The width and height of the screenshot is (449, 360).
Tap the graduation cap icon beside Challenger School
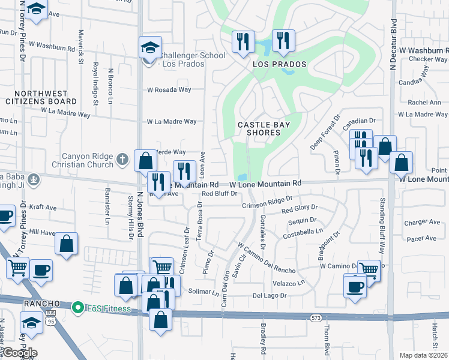[x=150, y=47]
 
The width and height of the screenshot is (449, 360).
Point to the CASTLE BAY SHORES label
[x=264, y=128]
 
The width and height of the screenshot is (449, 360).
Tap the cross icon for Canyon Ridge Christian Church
[x=122, y=160]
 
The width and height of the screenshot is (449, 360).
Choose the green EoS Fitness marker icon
[x=77, y=308]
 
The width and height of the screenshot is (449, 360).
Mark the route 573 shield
[x=315, y=316]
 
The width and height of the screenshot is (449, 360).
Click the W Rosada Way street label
[x=169, y=90]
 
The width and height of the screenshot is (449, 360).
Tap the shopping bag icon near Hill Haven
[x=67, y=244]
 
